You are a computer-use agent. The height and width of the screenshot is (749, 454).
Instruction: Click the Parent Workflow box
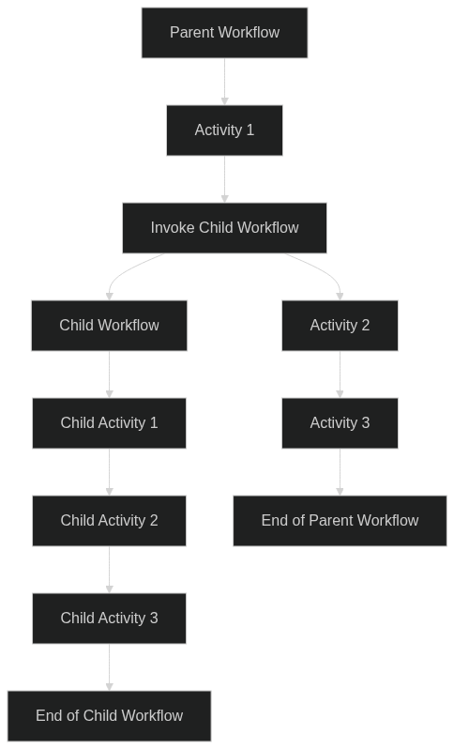point(224,33)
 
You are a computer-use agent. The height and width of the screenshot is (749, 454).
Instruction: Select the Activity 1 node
point(224,130)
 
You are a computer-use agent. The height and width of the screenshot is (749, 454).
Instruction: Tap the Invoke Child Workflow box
point(224,228)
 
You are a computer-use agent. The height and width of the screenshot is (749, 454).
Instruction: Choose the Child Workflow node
point(109,326)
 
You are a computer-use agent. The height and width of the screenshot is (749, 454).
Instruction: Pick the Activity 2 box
point(340,326)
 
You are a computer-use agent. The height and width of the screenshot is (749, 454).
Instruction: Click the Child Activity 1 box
point(109,423)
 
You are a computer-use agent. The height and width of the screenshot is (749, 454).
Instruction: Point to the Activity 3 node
point(340,423)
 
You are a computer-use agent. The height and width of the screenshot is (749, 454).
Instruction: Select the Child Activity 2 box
point(109,521)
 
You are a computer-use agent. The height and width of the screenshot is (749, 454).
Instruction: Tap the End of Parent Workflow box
point(340,521)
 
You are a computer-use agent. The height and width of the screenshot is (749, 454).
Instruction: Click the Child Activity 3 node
point(109,619)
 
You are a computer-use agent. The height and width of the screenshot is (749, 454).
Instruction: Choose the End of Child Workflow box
point(109,716)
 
